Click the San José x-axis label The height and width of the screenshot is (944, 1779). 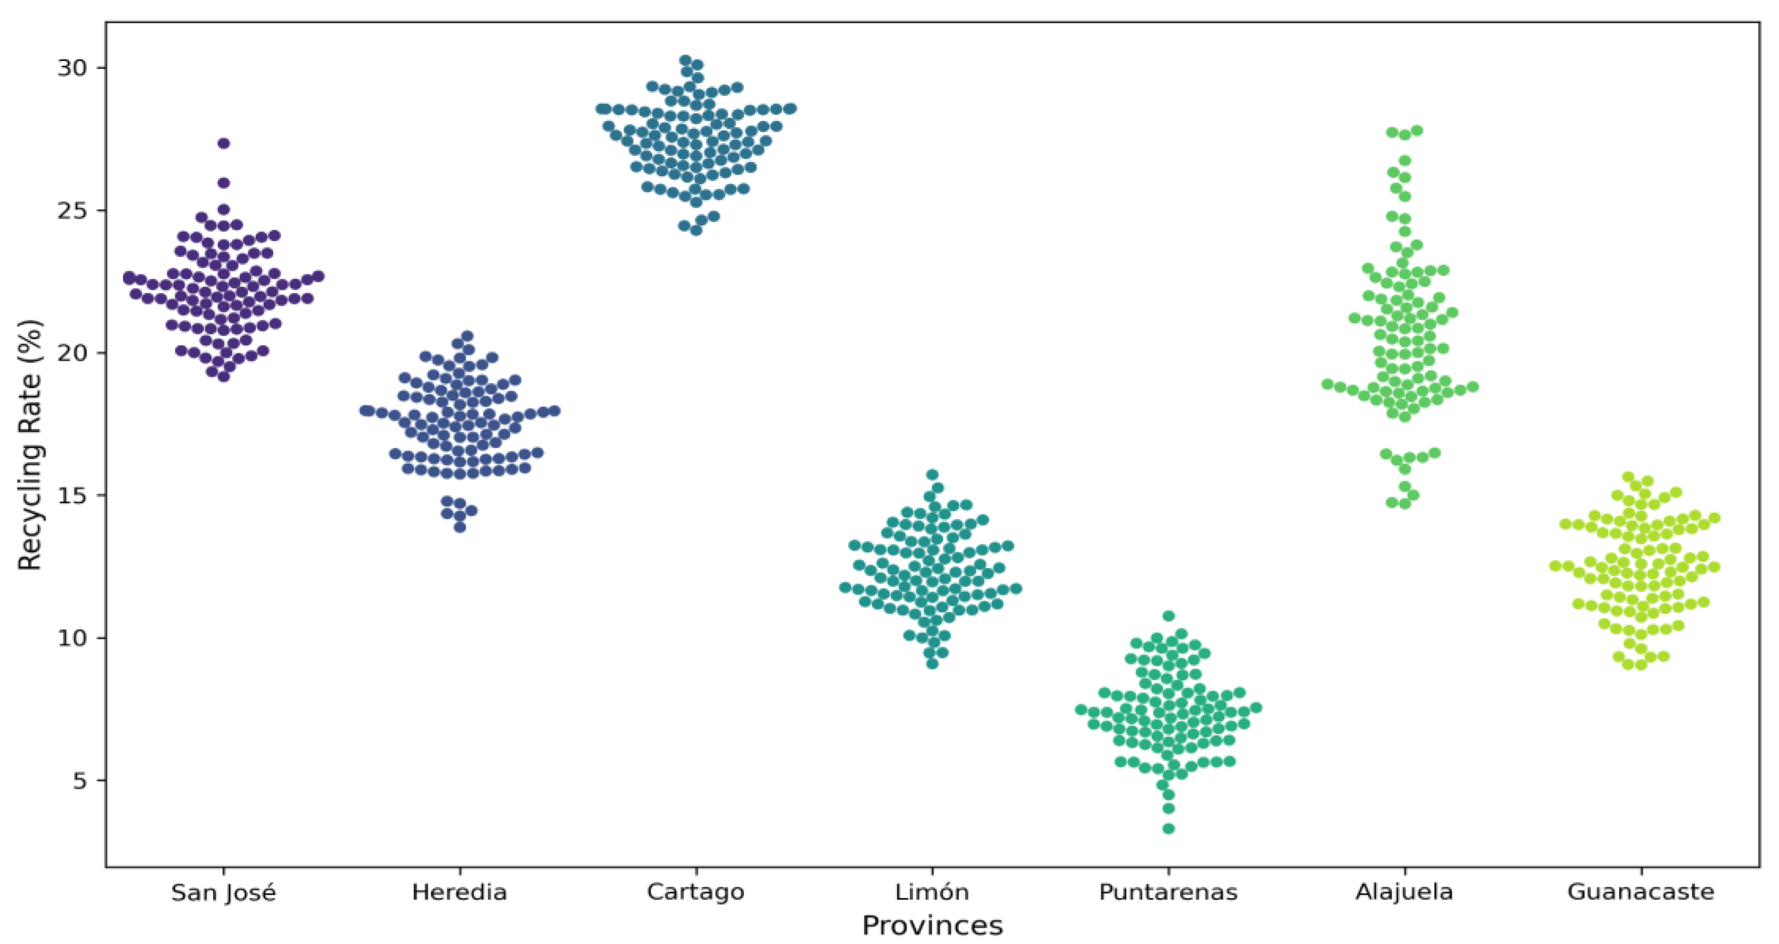click(x=223, y=893)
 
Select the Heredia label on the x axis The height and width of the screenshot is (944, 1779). click(x=459, y=892)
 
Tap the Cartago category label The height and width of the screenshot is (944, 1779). click(x=696, y=892)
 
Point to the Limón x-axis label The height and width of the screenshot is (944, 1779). click(x=932, y=892)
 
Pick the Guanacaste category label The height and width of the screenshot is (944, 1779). click(x=1641, y=892)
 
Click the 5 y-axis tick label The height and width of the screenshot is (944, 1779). click(x=80, y=781)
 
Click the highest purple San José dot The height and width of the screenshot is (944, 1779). click(x=224, y=144)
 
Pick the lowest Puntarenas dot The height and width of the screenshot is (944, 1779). click(x=1169, y=829)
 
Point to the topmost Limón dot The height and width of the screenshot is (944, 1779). click(x=932, y=475)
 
